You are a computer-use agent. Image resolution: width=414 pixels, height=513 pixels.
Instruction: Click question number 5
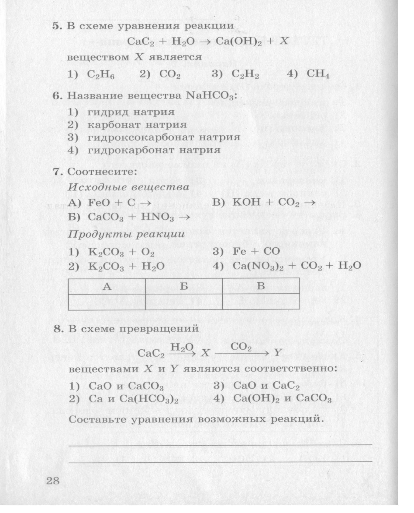pos(57,26)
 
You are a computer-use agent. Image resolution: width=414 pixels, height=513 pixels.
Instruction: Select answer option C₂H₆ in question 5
pos(101,75)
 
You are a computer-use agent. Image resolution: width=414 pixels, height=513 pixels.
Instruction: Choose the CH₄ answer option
pos(318,74)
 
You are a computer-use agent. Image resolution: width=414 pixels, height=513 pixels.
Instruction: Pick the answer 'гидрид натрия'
pos(131,112)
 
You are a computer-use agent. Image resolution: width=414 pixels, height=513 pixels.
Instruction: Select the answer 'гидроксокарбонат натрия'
pos(164,137)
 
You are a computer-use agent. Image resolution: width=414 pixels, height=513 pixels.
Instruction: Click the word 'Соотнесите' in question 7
pos(102,171)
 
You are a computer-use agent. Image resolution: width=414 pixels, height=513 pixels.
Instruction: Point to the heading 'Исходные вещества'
pos(128,187)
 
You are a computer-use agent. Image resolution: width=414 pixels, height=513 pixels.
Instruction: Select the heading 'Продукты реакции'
pos(126,234)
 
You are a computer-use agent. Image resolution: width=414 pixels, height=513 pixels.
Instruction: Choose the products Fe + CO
pos(256,251)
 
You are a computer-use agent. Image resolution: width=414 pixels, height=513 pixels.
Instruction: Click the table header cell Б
pos(184,286)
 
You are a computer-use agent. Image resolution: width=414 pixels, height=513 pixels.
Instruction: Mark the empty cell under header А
pos(107,301)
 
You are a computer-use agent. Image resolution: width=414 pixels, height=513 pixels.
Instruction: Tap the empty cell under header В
pos(261,301)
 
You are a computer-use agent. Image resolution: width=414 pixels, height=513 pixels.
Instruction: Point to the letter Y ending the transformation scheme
pos(278,353)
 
